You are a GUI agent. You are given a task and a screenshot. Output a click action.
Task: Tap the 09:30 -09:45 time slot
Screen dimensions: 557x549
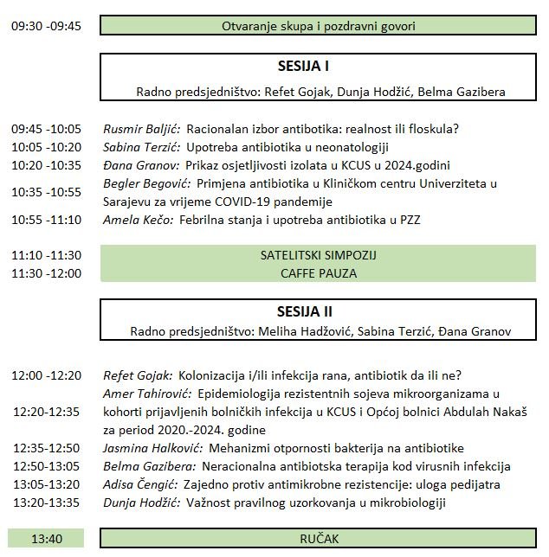[47, 26]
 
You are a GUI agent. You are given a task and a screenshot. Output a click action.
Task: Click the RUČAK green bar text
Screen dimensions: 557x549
[320, 539]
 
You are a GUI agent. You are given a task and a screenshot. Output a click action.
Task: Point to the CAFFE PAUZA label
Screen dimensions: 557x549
[320, 273]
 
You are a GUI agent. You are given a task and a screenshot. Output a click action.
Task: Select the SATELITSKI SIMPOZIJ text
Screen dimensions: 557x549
[320, 256]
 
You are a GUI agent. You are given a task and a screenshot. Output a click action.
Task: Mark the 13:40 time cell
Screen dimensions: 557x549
[47, 539]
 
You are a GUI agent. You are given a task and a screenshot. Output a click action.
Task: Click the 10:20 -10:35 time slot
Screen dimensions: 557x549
[47, 165]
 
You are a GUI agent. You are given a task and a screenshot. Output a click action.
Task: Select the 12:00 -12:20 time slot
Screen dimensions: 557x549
[47, 375]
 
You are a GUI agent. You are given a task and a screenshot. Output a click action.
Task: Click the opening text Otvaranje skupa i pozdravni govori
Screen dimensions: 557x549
[320, 26]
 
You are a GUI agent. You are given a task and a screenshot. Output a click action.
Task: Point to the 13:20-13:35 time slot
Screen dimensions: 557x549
[47, 503]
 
